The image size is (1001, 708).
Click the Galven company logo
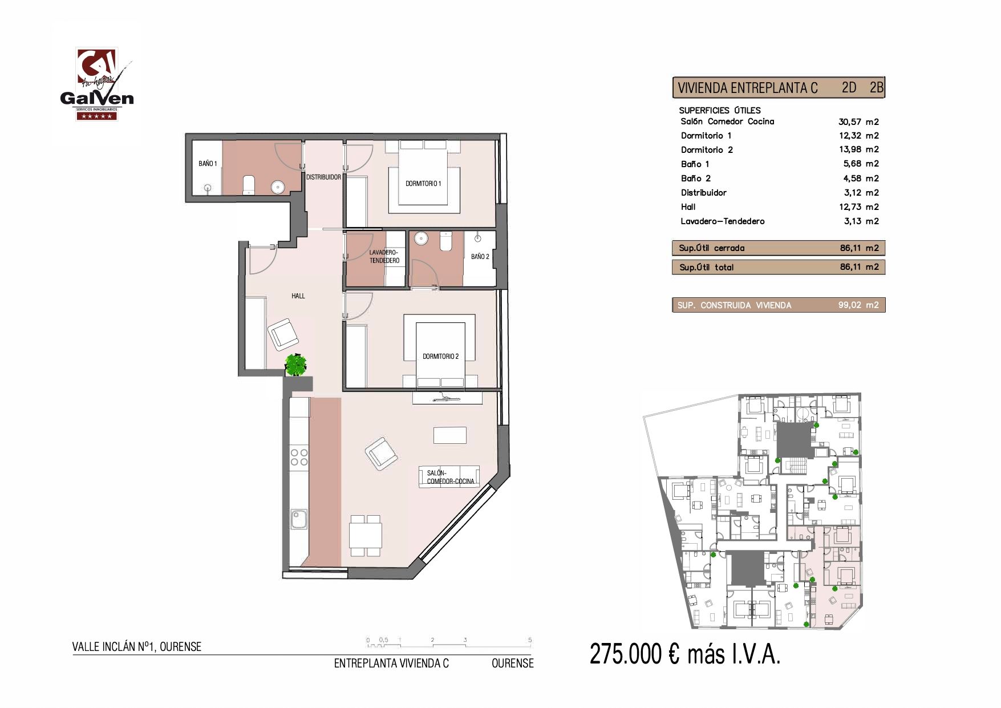pos(96,85)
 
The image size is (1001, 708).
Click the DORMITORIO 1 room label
pos(423,184)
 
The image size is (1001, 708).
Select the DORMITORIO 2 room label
pos(440,357)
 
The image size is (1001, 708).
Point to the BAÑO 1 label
pos(208,164)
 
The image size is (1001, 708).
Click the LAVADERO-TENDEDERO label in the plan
pos(384,256)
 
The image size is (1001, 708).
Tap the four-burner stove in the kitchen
pos(299,457)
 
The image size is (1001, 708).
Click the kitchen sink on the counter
pos(298,519)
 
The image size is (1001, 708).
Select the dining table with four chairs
pos(366,535)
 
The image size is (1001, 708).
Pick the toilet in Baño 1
pos(249,184)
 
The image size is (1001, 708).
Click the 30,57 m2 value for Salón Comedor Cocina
pos(858,122)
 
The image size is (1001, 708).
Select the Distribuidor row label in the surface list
pos(703,193)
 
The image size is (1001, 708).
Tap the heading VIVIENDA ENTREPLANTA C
pos(747,88)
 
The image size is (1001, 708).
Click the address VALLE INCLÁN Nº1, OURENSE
pos(137,647)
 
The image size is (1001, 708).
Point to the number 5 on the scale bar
pos(530,640)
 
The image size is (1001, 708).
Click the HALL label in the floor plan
pos(298,296)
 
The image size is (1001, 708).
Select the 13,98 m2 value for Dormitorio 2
pos(858,149)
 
